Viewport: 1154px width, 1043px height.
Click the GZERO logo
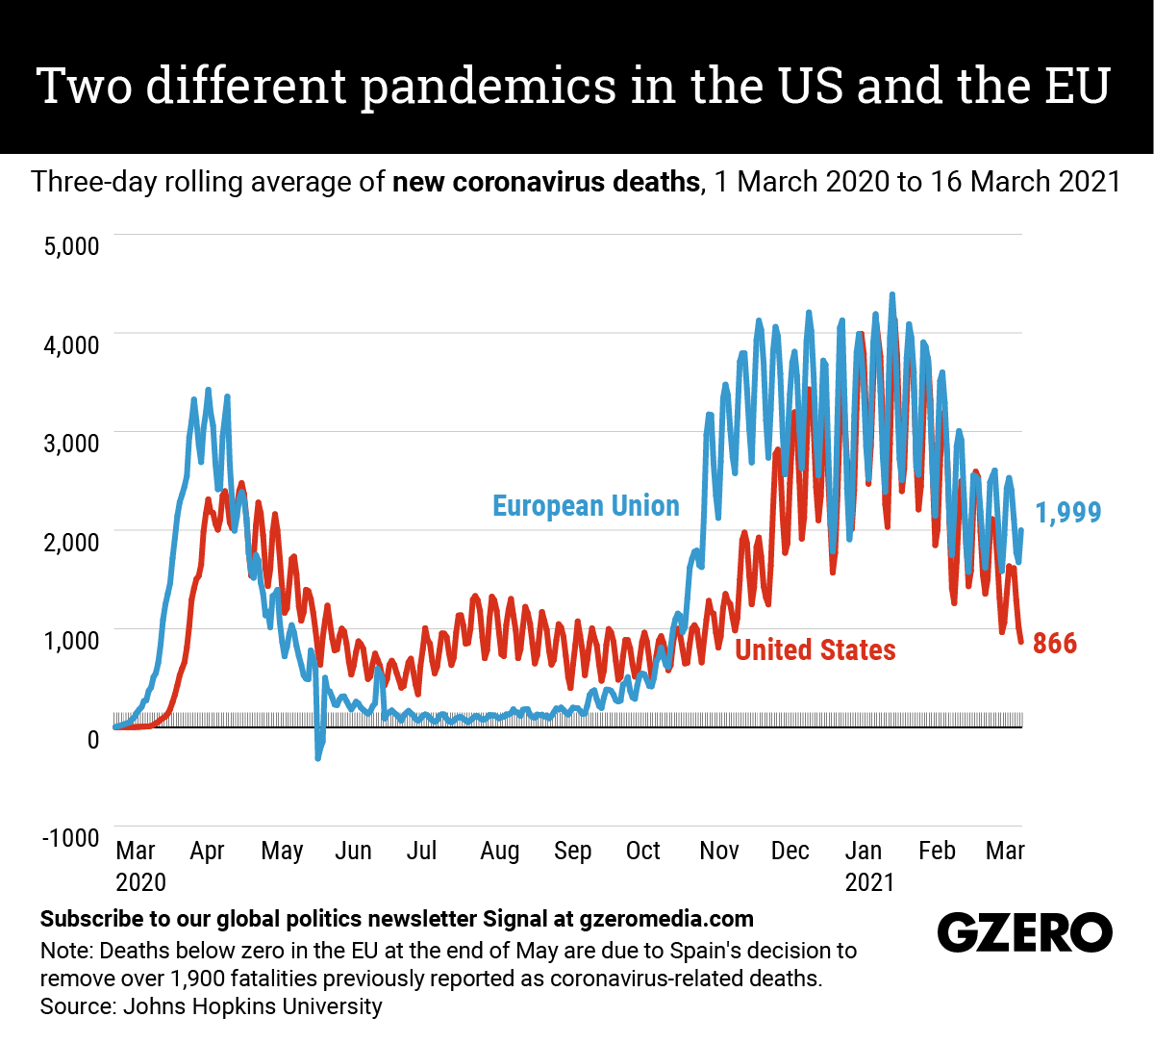(1024, 932)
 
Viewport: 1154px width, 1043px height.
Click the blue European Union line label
(586, 506)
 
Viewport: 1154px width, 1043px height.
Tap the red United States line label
(815, 650)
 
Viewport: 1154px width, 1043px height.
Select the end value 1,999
(1068, 513)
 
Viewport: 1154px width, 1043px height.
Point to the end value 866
(1055, 643)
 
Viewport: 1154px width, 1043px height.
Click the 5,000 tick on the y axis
(71, 245)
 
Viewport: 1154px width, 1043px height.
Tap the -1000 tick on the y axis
(70, 837)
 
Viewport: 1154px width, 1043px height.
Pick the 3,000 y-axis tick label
(71, 444)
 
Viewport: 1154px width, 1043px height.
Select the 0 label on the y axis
(93, 739)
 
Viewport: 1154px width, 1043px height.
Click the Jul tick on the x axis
(421, 851)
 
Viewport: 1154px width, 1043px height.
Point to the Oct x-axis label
(642, 851)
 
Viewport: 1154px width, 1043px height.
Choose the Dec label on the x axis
(790, 851)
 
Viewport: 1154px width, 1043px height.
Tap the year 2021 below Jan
(869, 882)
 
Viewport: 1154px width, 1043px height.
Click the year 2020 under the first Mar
(140, 882)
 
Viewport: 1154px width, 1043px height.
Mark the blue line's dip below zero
(318, 756)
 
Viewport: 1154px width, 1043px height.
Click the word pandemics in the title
(489, 87)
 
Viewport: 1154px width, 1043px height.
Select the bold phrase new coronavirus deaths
(545, 182)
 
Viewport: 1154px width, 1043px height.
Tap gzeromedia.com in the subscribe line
(666, 919)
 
